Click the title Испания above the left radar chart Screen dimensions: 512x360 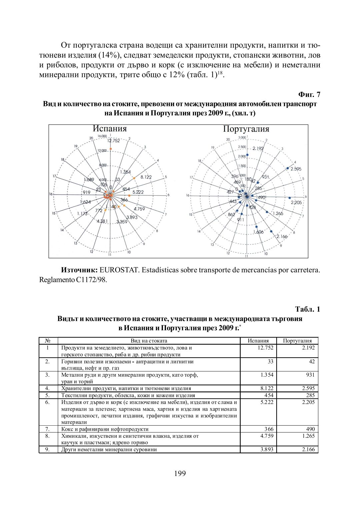pos(110,129)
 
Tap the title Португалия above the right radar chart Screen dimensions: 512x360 pos(246,129)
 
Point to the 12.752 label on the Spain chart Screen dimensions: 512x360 pos(113,141)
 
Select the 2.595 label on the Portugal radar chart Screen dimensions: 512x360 pos(296,169)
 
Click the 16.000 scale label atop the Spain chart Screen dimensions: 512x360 pos(102,136)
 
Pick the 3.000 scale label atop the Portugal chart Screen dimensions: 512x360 pos(242,137)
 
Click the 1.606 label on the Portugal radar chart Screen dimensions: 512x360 pos(258,232)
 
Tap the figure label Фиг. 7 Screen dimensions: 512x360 pos(309,95)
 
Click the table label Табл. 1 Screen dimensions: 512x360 pos(307,309)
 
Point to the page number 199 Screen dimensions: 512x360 pos(180,473)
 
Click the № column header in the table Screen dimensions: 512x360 pos(48,341)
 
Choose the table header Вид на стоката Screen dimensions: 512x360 pos(149,341)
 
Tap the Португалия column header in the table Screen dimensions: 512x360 pos(297,341)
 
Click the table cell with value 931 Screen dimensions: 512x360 pos(310,375)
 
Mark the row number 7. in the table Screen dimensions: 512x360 pos(47,429)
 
